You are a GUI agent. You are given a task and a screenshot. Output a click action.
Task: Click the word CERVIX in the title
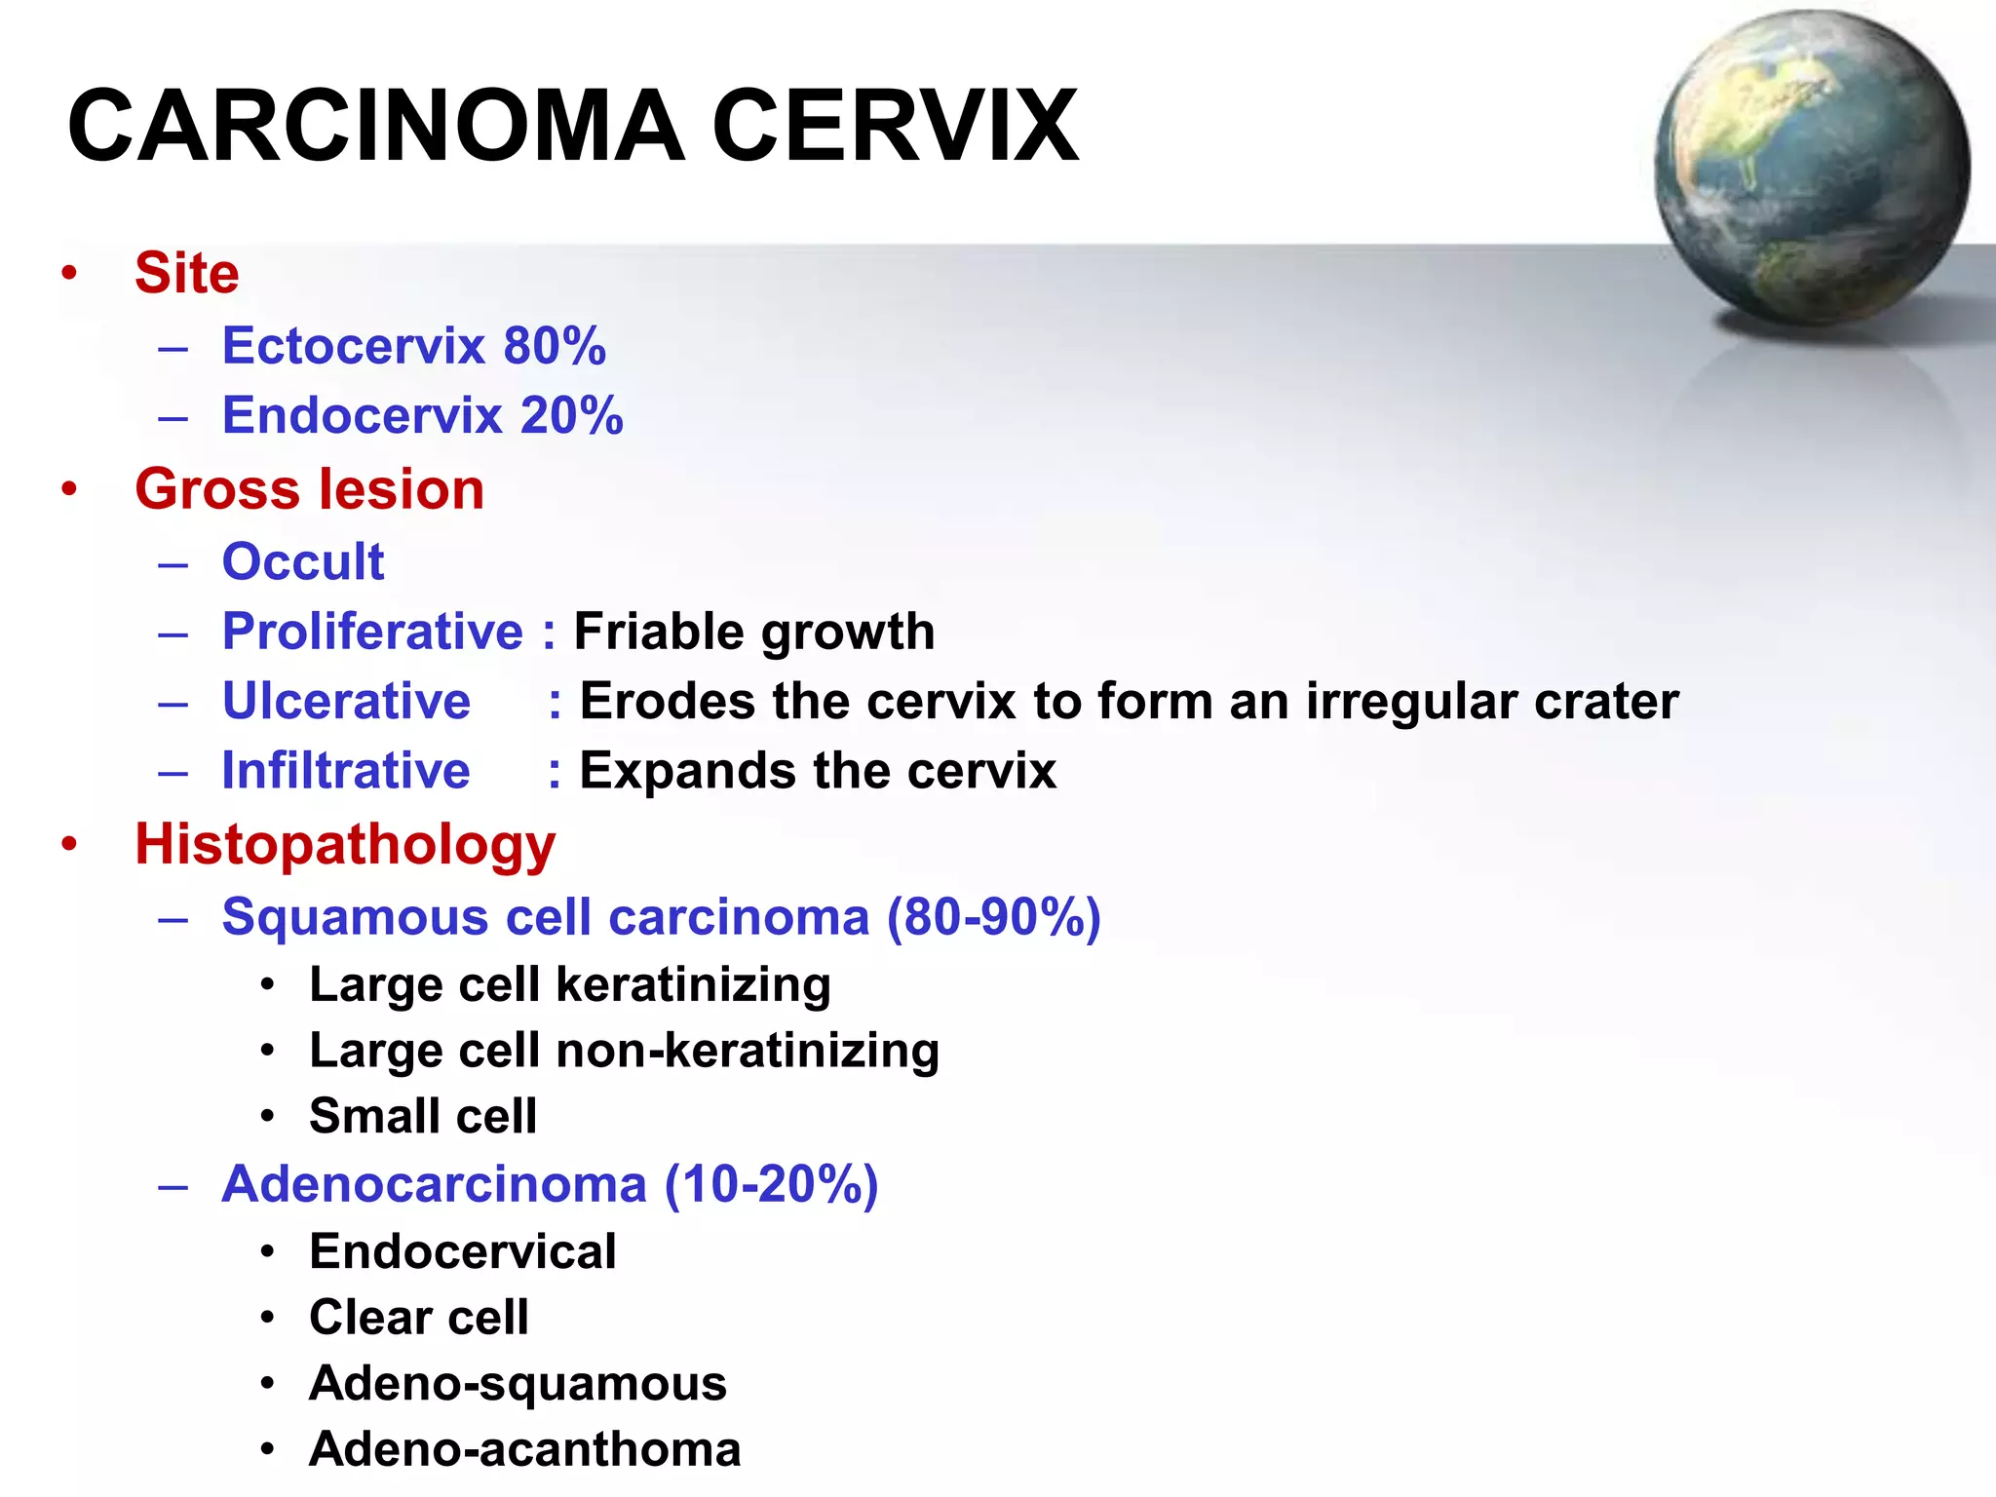click(x=895, y=127)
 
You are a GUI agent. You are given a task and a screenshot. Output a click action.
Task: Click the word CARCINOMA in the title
click(x=376, y=127)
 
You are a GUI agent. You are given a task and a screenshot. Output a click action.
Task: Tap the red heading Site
click(x=186, y=273)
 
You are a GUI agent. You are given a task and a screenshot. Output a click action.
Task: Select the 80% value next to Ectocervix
click(x=555, y=346)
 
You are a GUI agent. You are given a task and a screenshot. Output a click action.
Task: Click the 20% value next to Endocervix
click(x=572, y=416)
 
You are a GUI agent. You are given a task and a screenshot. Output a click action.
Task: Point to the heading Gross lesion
click(x=309, y=489)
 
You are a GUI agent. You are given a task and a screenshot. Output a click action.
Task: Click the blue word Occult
click(x=303, y=562)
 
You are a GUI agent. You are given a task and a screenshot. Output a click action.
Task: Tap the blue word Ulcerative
click(x=346, y=702)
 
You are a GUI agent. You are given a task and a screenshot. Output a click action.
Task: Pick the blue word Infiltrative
click(x=346, y=771)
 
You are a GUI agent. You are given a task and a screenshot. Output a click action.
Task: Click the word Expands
click(x=687, y=771)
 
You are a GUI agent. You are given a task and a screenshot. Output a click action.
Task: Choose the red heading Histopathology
click(x=345, y=844)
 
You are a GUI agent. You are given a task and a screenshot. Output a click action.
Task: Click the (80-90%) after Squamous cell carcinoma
click(x=993, y=917)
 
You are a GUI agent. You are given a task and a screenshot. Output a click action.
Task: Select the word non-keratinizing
click(x=747, y=1051)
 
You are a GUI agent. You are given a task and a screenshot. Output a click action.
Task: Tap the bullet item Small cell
click(x=422, y=1116)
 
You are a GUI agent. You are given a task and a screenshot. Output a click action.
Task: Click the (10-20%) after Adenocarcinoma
click(x=771, y=1184)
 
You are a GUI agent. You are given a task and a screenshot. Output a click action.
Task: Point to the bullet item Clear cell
click(x=418, y=1318)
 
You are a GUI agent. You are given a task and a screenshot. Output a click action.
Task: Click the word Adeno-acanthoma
click(x=524, y=1449)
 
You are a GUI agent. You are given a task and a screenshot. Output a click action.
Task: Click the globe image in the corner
click(x=1811, y=168)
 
